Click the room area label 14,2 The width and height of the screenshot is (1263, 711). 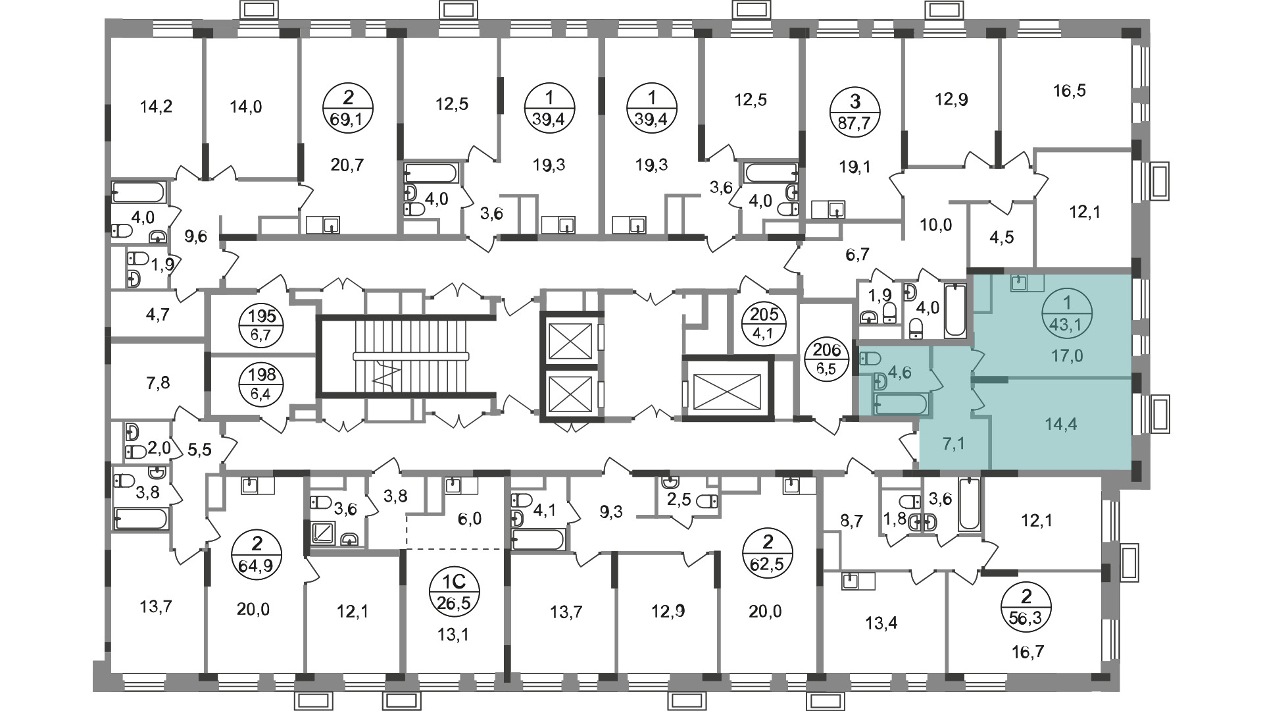(x=157, y=106)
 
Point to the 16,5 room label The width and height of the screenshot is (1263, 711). (x=1051, y=90)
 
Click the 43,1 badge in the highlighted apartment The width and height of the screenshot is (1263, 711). (x=1067, y=314)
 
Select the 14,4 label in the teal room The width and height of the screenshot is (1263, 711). (x=1060, y=425)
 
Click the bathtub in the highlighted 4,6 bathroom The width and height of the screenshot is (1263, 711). (x=901, y=404)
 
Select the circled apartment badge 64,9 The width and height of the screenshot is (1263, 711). (x=257, y=554)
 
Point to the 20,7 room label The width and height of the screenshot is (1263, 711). (x=348, y=165)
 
